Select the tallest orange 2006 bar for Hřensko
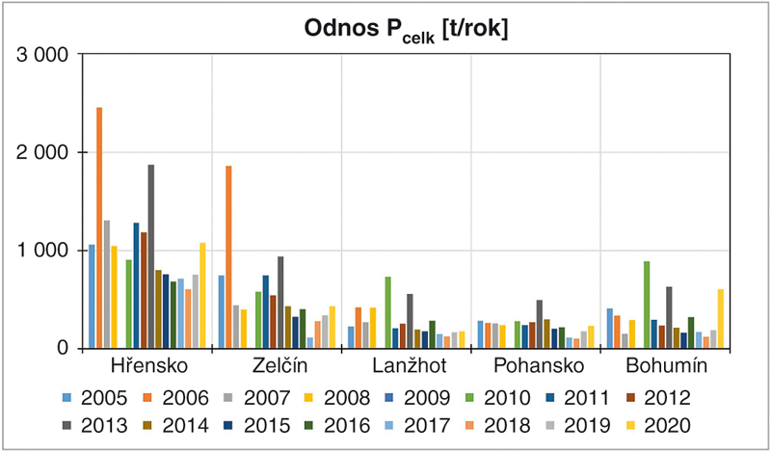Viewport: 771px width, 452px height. pos(99,227)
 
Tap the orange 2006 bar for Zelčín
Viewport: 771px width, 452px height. pos(228,257)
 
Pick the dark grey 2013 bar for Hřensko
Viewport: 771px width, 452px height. pos(151,256)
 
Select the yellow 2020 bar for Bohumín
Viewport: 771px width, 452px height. pos(693,319)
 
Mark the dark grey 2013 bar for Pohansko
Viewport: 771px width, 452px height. pos(540,324)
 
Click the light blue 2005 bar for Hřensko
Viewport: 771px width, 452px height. pos(92,297)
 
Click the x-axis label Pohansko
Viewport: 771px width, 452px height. pos(536,367)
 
